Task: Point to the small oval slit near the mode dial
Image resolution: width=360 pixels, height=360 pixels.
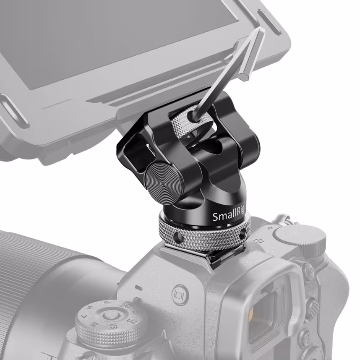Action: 138,288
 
